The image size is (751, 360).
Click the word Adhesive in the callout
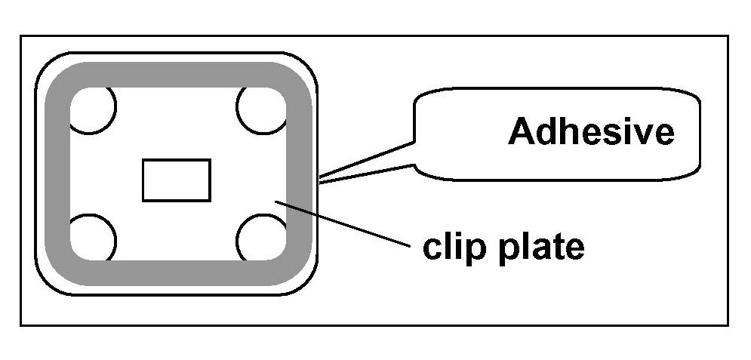591,132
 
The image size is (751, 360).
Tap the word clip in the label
451,246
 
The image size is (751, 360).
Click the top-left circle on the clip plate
94,108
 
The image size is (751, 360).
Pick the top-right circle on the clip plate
262,108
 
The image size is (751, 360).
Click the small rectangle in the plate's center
177,180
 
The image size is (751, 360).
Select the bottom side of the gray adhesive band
177,272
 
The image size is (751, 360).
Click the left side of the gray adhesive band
57,174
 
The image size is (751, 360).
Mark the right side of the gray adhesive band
299,174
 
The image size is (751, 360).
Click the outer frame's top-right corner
728,35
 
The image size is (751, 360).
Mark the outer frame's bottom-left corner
21,325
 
